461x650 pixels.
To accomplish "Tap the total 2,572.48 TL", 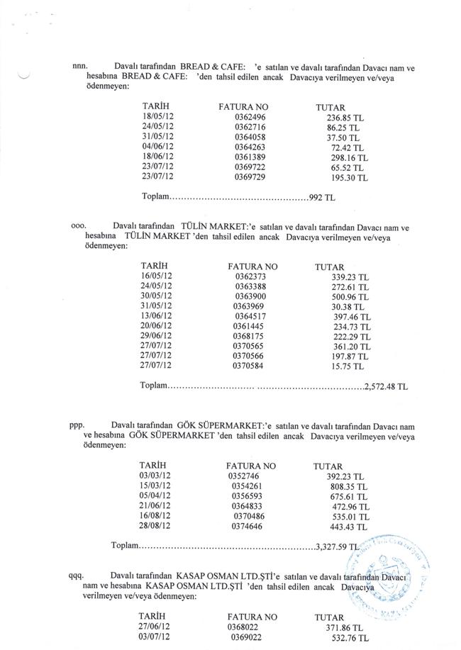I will (x=386, y=387).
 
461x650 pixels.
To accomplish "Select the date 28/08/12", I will (x=156, y=527).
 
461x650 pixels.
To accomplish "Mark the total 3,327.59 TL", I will (x=340, y=547).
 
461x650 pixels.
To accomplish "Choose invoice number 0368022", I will (x=245, y=628).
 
